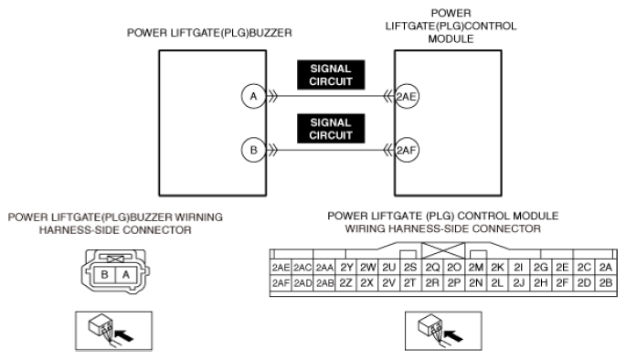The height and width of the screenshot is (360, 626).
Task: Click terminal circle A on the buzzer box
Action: click(253, 96)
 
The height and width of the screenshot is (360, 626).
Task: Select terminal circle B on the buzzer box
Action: click(253, 150)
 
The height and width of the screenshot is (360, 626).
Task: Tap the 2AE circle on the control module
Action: click(407, 96)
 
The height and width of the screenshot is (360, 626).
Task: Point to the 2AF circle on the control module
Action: click(407, 150)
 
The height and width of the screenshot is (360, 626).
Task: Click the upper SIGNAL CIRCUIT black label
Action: click(331, 75)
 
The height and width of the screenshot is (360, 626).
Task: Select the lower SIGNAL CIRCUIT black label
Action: click(331, 129)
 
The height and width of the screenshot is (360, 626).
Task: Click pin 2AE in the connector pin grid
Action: click(281, 268)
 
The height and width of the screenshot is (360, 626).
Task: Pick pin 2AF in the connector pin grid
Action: click(281, 283)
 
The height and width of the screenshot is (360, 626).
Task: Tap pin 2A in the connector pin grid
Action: click(606, 268)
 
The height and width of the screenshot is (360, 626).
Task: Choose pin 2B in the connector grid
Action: click(606, 283)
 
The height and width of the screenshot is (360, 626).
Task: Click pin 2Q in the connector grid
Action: click(432, 268)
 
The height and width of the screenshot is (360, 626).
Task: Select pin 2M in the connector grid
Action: click(476, 268)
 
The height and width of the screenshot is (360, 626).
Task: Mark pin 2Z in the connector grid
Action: click(345, 283)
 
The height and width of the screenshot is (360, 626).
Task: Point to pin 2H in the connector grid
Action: click(541, 283)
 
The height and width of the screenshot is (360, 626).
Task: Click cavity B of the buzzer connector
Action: click(104, 275)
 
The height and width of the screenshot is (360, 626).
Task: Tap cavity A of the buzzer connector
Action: click(126, 275)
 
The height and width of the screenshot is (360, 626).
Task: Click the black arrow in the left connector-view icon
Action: click(123, 335)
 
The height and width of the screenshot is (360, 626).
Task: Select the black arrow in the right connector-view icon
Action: click(453, 335)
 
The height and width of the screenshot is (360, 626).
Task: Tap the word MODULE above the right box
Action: click(451, 38)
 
